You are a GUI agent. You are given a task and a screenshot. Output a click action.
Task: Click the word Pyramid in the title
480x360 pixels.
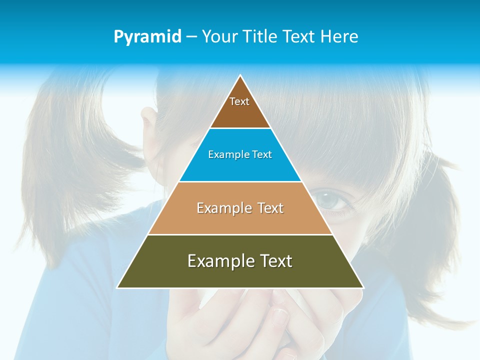click(x=147, y=37)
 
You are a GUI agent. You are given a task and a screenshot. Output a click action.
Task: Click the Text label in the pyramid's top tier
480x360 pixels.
click(x=239, y=101)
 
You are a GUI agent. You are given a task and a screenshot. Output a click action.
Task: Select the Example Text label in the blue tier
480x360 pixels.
click(x=240, y=155)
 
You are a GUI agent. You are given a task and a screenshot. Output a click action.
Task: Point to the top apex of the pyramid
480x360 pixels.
click(x=240, y=75)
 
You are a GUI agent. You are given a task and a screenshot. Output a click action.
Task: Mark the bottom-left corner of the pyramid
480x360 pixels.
click(x=117, y=287)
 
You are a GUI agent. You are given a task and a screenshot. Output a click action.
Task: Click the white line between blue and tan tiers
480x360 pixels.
click(x=240, y=181)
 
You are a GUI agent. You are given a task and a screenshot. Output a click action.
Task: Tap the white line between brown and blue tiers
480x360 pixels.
click(x=240, y=128)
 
